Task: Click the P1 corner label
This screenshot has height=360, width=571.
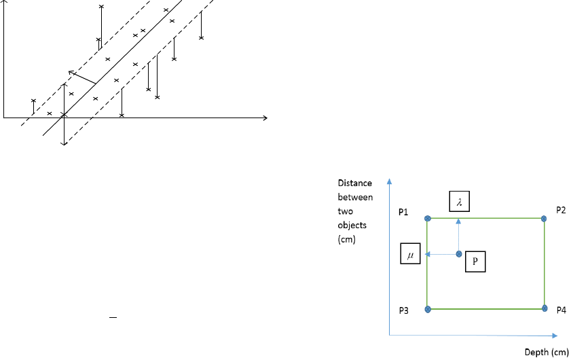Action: point(403,212)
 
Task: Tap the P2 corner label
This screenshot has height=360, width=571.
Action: point(561,211)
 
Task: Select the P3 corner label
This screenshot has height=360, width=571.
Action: point(403,310)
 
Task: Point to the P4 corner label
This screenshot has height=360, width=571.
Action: point(561,310)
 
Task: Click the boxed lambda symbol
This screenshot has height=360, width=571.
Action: point(459,201)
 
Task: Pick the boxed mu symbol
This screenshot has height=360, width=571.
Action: point(410,253)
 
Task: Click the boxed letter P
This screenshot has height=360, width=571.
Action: point(475,262)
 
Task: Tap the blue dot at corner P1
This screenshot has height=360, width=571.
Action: point(428,218)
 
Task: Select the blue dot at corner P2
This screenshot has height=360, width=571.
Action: point(544,219)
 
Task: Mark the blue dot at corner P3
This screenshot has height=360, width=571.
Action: point(428,309)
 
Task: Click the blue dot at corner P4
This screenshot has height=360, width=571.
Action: point(545,308)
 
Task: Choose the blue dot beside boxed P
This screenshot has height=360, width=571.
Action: point(459,254)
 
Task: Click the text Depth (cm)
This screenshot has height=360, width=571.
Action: point(547,352)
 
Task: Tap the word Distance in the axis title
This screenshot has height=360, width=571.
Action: point(354,183)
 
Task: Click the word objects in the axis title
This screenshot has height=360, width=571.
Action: point(352,226)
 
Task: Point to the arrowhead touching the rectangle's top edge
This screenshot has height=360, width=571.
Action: point(458,221)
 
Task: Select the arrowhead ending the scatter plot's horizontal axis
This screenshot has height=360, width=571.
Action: point(265,118)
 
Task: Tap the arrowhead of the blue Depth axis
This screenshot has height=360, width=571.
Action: point(555,336)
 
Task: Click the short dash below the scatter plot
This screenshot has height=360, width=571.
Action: point(113,318)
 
